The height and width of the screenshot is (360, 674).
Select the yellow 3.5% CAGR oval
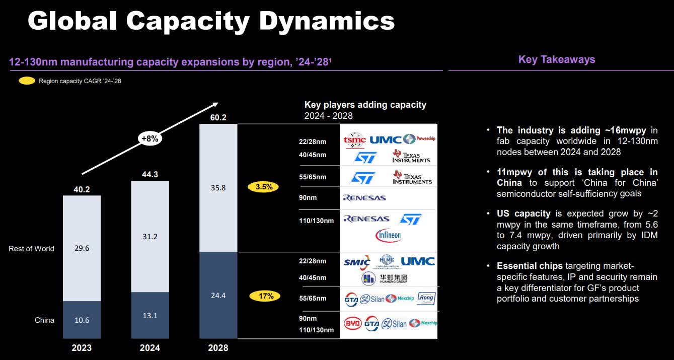(x=264, y=187)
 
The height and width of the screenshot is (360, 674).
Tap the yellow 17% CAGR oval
(x=265, y=296)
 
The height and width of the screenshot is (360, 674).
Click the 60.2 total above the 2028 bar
(x=218, y=118)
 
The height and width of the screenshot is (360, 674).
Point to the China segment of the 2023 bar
(x=82, y=320)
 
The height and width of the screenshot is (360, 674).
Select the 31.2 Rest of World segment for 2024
(x=150, y=236)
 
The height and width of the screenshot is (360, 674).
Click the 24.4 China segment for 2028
(x=218, y=295)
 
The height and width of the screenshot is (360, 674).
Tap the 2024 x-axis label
(x=150, y=348)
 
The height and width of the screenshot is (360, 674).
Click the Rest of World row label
(x=31, y=248)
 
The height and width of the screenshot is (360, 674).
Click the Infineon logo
(x=388, y=235)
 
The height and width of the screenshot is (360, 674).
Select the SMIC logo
(x=357, y=262)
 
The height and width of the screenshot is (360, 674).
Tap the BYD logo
(x=352, y=323)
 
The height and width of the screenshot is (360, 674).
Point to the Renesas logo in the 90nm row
(x=364, y=198)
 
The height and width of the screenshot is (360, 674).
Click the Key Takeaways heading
(x=557, y=59)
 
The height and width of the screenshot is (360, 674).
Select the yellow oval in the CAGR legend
(x=27, y=81)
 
